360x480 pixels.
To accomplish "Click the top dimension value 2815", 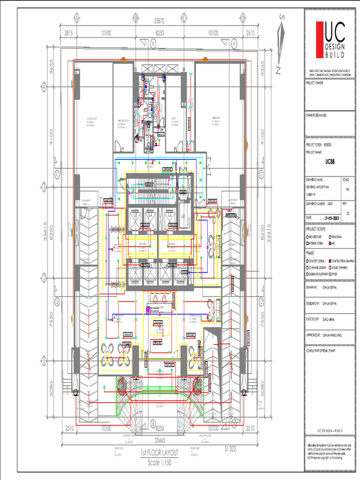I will point(68,33).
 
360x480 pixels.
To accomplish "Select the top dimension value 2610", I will point(250,33).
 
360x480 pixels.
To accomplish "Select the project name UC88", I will point(332,161).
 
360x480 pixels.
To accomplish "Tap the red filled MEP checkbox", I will point(331,243).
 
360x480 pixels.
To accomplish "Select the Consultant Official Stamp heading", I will point(322,350).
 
